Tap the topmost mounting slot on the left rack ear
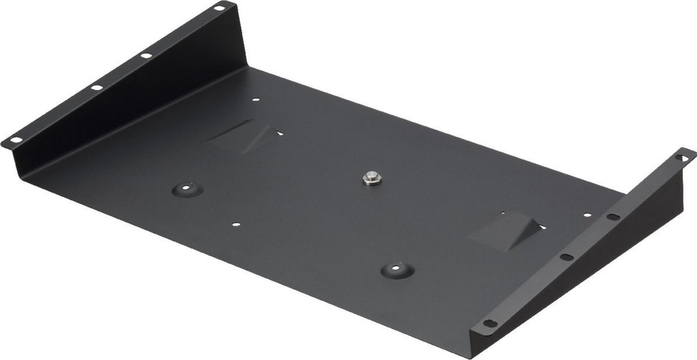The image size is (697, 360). click(x=219, y=8)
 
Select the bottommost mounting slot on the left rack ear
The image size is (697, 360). click(x=13, y=140)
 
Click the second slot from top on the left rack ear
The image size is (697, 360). click(x=146, y=55)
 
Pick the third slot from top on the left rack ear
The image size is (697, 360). click(x=96, y=87)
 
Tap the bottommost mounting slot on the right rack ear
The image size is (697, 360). click(x=490, y=323)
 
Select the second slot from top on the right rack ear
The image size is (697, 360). click(x=613, y=217)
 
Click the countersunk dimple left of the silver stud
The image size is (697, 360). click(x=187, y=189)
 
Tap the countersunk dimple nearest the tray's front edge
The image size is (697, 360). click(x=398, y=269)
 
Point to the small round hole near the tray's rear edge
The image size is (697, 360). click(x=256, y=100)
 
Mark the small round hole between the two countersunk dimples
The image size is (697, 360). click(x=235, y=224)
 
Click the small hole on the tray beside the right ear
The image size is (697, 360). click(x=588, y=214)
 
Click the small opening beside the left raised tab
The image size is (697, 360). click(x=280, y=133)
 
